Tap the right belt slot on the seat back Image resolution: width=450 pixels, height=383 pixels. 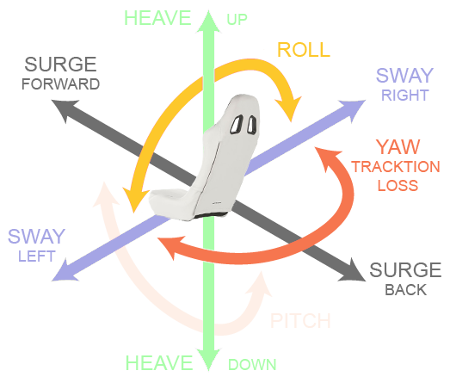(x=250, y=127)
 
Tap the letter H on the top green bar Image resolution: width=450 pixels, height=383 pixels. (x=130, y=18)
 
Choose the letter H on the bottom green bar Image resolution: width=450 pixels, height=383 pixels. (x=131, y=363)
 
